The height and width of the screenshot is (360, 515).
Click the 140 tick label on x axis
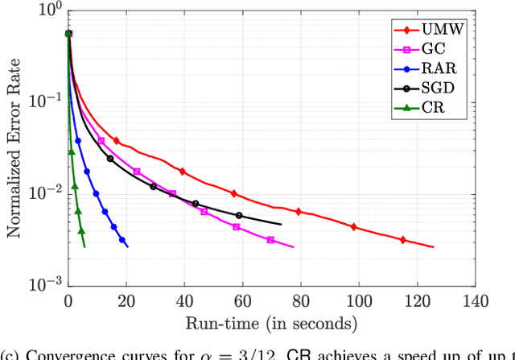click(x=474, y=301)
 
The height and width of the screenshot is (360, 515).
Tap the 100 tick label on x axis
click(x=358, y=301)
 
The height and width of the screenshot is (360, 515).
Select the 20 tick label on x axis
click(x=126, y=301)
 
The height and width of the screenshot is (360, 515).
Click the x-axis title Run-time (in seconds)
click(x=271, y=324)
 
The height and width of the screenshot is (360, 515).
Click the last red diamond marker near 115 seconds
click(x=403, y=240)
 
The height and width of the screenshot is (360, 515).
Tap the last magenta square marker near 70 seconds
click(x=270, y=240)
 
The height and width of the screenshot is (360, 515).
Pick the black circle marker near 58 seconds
click(x=239, y=215)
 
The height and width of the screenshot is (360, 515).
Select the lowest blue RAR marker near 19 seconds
click(x=122, y=240)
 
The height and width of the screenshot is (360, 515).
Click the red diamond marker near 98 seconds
click(x=353, y=227)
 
